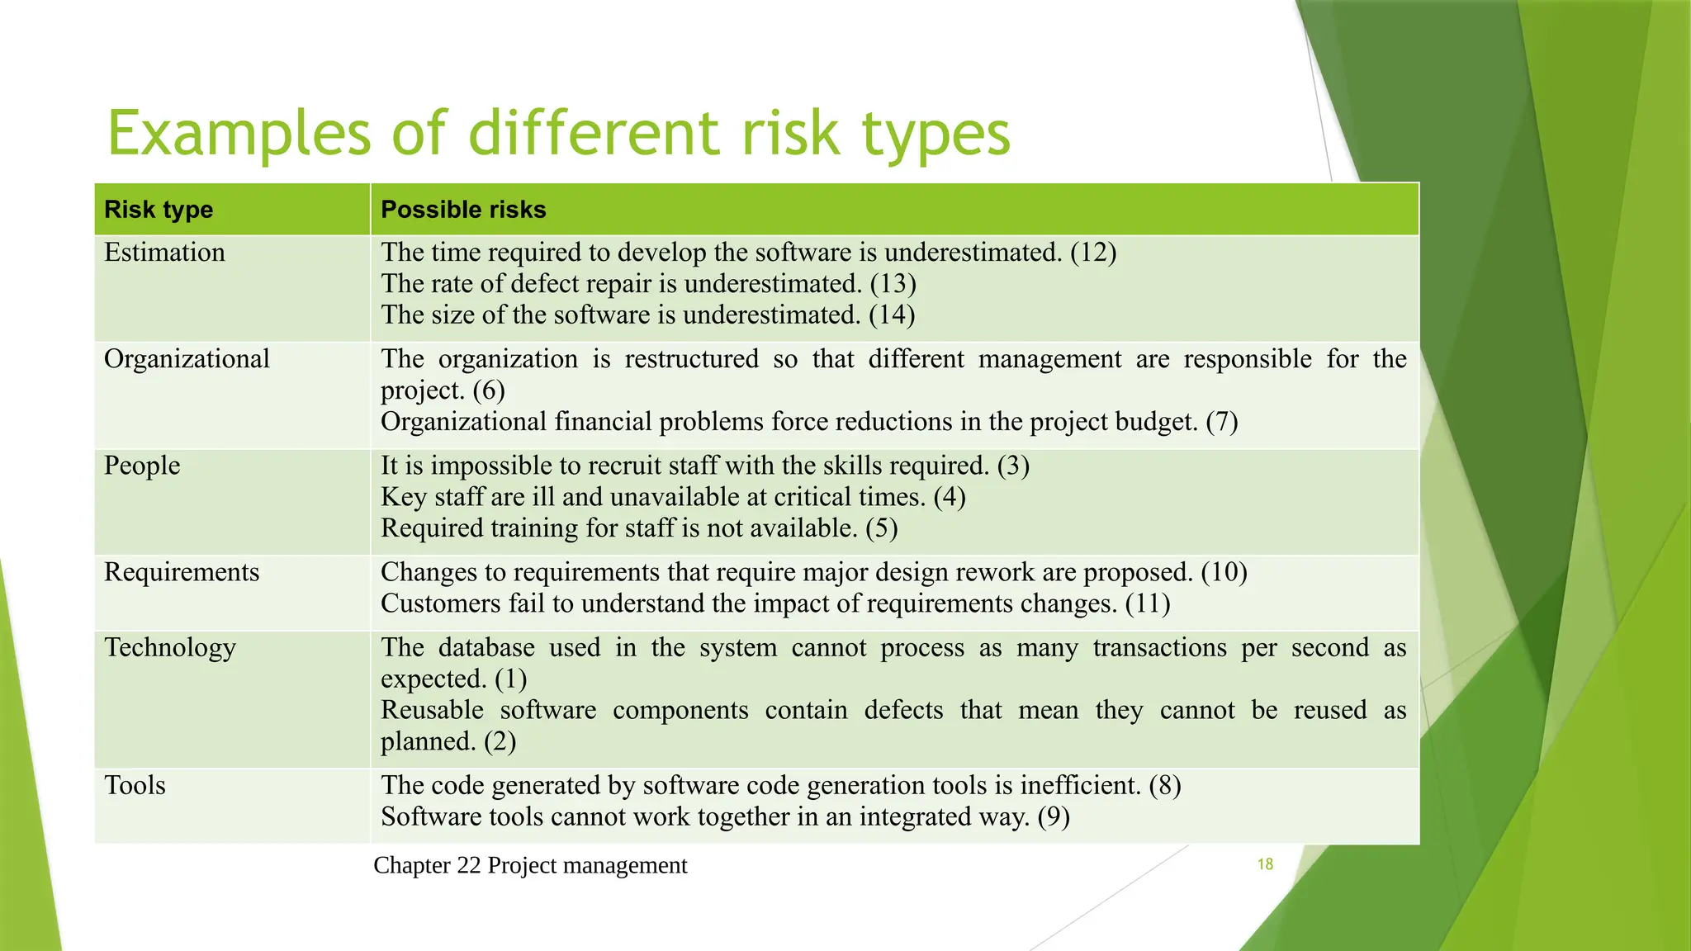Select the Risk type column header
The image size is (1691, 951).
[x=159, y=210]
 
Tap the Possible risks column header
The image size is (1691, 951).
[x=463, y=210]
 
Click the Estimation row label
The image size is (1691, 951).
[x=164, y=253]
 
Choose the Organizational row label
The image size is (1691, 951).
[x=187, y=359]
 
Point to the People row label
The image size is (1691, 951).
[x=142, y=466]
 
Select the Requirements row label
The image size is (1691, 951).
[x=182, y=572]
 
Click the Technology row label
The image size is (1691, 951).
[x=170, y=648]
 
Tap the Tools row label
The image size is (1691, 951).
[x=135, y=785]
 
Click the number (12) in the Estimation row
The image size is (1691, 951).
[x=1093, y=253]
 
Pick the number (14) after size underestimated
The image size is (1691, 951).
[x=892, y=315]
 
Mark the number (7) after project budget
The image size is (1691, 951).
[x=1222, y=422]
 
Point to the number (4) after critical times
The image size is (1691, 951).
[x=950, y=497]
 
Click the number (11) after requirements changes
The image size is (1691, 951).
[x=1148, y=603]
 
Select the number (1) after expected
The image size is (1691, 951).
[x=511, y=679]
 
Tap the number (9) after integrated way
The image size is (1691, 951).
[x=1054, y=817]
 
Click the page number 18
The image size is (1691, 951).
[x=1265, y=864]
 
